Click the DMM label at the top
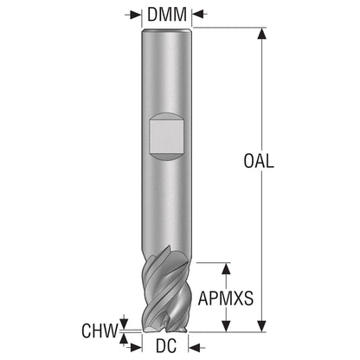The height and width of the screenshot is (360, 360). pyautogui.click(x=167, y=15)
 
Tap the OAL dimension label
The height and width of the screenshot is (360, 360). pyautogui.click(x=259, y=161)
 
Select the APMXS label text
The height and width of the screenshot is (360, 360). pyautogui.click(x=226, y=299)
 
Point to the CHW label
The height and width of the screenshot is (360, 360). pyautogui.click(x=100, y=331)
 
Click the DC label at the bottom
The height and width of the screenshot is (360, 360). pyautogui.click(x=166, y=345)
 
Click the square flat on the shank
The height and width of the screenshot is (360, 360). pyautogui.click(x=166, y=136)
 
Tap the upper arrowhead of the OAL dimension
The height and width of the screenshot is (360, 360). pyautogui.click(x=262, y=34)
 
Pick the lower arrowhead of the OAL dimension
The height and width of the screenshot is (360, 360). pyautogui.click(x=262, y=326)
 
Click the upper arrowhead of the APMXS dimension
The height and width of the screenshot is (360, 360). pyautogui.click(x=227, y=268)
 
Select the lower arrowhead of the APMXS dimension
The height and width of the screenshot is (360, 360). pyautogui.click(x=227, y=326)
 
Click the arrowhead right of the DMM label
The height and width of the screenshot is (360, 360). pyautogui.click(x=198, y=14)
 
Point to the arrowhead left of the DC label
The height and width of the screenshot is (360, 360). pyautogui.click(x=136, y=348)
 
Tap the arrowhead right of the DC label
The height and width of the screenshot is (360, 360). pyautogui.click(x=194, y=348)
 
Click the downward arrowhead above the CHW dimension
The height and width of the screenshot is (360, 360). pyautogui.click(x=124, y=324)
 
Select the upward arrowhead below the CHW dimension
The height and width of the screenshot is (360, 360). pyautogui.click(x=124, y=339)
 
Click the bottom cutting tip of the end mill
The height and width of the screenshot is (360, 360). pyautogui.click(x=164, y=330)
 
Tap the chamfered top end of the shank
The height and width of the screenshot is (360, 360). pyautogui.click(x=167, y=29)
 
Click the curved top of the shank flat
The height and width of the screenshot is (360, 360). pyautogui.click(x=166, y=115)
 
